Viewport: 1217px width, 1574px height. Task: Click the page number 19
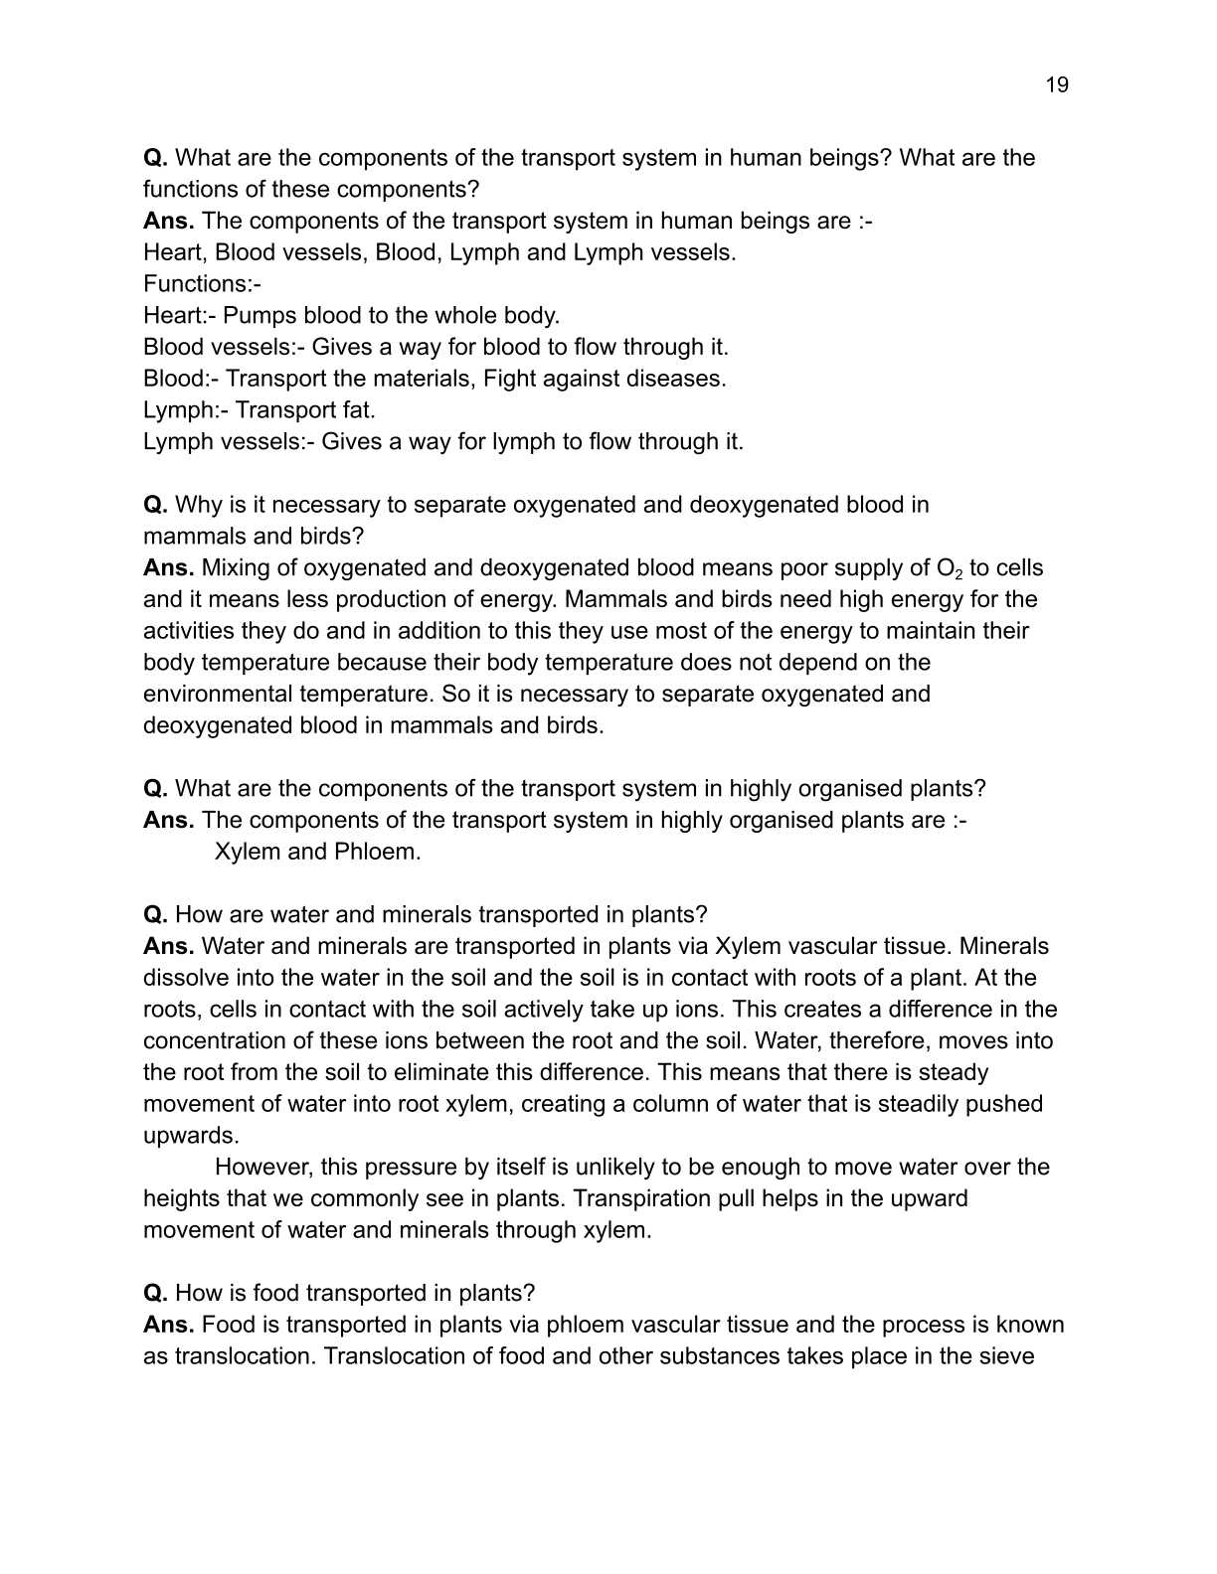pyautogui.click(x=1057, y=85)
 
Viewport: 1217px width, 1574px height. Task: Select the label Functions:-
pyautogui.click(x=202, y=284)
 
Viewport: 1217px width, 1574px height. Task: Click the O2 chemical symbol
pyautogui.click(x=950, y=569)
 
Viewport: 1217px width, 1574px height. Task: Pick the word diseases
pyautogui.click(x=675, y=379)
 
